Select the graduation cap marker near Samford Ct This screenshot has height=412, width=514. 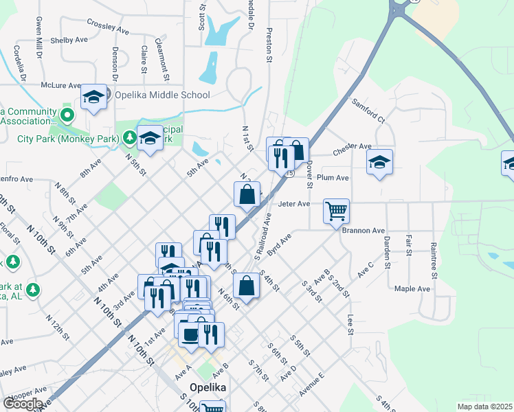pyautogui.click(x=379, y=163)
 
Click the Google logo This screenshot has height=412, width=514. pyautogui.click(x=23, y=403)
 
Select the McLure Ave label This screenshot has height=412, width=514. pyautogui.click(x=60, y=86)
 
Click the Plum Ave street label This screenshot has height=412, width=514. pyautogui.click(x=333, y=177)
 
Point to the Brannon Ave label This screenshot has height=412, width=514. pyautogui.click(x=364, y=231)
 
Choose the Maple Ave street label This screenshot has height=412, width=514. pyautogui.click(x=412, y=288)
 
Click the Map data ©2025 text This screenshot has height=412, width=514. pyautogui.click(x=484, y=407)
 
